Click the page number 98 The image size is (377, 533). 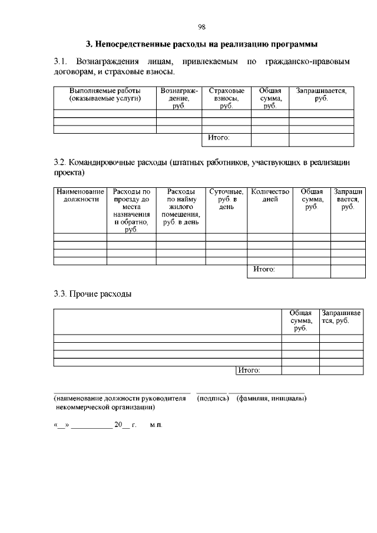pos(201,27)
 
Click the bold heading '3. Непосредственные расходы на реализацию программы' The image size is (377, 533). pos(201,44)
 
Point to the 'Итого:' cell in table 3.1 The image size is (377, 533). pos(219,139)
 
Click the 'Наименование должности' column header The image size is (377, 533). pos(80,196)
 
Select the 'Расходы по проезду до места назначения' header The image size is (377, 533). pos(131,211)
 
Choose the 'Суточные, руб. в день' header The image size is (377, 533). pos(226,200)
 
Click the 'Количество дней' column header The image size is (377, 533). pos(270,196)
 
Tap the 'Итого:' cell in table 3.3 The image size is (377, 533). pos(249,370)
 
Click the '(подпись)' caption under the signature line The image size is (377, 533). pos(212,399)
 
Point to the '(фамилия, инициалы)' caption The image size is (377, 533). pos(271,399)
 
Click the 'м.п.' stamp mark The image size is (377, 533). pos(156,425)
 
